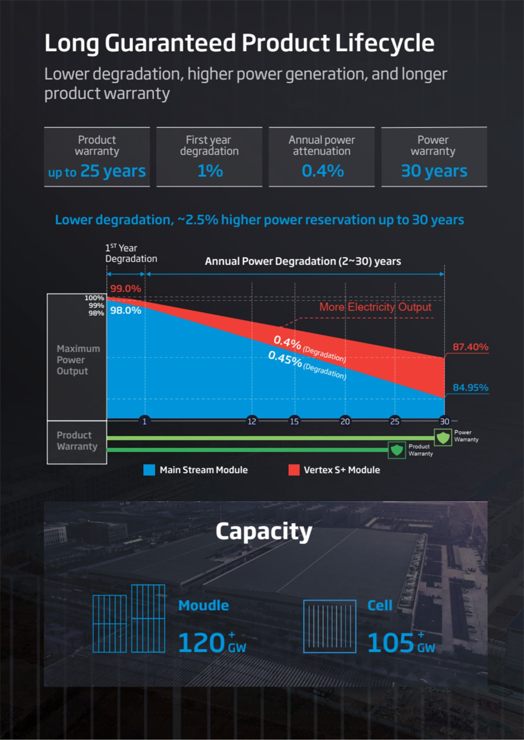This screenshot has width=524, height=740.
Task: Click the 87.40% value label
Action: coord(470,347)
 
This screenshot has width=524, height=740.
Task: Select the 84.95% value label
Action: coord(470,388)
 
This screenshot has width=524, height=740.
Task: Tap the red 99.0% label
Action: coord(125,288)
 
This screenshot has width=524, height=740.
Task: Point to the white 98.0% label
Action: coord(125,310)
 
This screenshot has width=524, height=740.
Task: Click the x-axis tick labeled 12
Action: coord(252,421)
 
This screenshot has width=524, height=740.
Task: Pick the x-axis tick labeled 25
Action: coord(395,421)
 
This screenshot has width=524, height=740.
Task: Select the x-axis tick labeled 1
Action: coord(144,421)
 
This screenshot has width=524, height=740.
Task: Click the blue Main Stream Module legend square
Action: coord(149,470)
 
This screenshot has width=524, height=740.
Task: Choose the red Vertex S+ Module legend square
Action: coord(294,470)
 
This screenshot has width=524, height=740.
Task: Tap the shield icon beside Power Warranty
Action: coord(443,437)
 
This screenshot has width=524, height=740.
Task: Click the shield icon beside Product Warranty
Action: coord(396,450)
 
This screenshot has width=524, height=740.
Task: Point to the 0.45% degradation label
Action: coord(307,365)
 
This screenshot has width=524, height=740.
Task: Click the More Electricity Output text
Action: coord(375,307)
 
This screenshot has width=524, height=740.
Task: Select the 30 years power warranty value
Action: coord(434,171)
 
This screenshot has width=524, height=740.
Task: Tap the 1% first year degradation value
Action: coord(210,171)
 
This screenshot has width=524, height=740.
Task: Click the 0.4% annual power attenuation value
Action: coord(322,171)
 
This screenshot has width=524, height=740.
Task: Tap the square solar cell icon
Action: coord(329,626)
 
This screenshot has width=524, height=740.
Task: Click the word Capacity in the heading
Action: coord(264,532)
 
